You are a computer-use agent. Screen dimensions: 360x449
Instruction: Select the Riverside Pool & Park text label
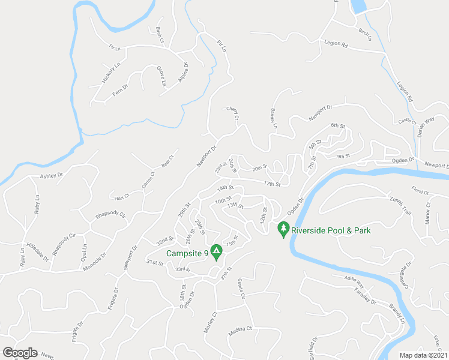click(x=331, y=230)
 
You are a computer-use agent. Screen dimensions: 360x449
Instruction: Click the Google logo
click(x=20, y=353)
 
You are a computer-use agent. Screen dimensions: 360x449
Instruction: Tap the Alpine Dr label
click(x=184, y=73)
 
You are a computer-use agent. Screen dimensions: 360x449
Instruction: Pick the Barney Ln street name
click(x=273, y=118)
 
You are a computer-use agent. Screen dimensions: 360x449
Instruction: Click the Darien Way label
click(x=426, y=128)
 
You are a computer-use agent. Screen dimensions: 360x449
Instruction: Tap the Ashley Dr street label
click(x=51, y=176)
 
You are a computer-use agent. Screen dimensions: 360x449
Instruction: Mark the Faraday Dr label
click(x=365, y=294)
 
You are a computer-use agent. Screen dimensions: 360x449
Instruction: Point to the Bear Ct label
click(x=167, y=162)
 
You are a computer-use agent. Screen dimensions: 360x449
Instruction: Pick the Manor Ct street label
click(x=429, y=213)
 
